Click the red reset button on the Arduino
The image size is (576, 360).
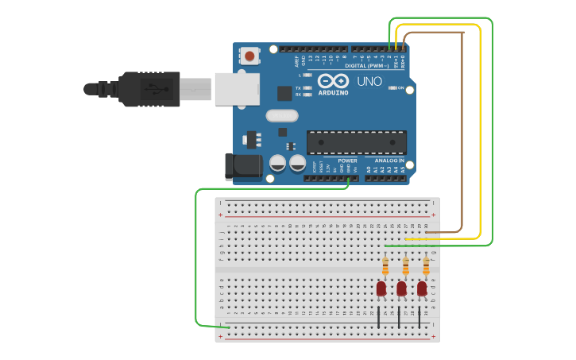point(249,56)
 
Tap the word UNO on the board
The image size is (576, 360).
point(369,81)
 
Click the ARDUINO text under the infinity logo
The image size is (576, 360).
point(333,93)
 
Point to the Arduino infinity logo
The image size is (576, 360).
point(333,80)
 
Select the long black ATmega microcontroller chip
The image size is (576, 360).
point(356,142)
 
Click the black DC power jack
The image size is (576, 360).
point(242,166)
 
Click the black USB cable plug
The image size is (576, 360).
point(151,88)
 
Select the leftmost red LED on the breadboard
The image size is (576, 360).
point(381,288)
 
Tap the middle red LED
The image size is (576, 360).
point(401,288)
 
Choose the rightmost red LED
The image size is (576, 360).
point(422,288)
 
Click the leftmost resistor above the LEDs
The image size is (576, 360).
point(385,266)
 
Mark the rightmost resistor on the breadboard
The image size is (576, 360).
point(426,266)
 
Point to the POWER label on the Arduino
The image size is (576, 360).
point(347,161)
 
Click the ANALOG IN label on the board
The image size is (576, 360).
point(390,161)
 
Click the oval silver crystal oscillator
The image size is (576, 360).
point(282,115)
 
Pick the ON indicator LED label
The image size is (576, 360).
point(401,87)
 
